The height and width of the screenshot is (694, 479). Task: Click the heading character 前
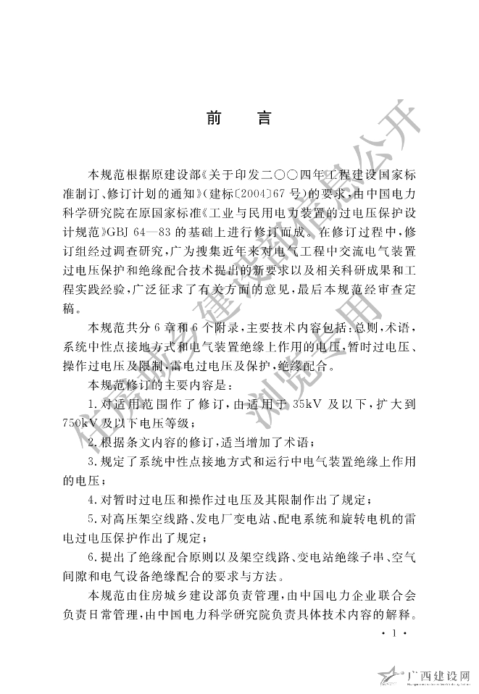pyautogui.click(x=213, y=119)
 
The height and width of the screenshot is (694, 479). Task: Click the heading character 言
pyautogui.click(x=265, y=119)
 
